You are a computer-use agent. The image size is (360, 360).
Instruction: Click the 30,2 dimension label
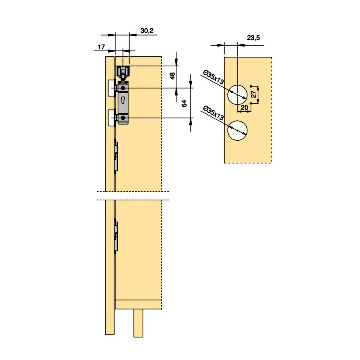coord(147,31)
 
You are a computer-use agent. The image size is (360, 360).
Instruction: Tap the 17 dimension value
coord(101,47)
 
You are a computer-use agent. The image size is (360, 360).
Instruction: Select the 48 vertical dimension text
coord(172,76)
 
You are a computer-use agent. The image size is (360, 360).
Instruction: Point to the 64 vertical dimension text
coord(184,103)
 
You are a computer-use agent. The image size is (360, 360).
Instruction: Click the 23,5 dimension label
coord(253,38)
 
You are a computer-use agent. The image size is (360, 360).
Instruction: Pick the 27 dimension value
coord(253,94)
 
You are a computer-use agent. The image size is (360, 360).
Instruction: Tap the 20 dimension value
coord(244,108)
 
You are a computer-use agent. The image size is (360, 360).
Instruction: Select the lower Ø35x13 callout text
coord(213,113)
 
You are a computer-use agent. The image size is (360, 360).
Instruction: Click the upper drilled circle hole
coord(237,95)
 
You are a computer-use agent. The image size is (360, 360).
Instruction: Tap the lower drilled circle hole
coord(237,130)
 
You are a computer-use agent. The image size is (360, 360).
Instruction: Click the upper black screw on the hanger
coord(123,88)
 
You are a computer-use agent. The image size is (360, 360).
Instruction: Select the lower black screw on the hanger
coord(123,118)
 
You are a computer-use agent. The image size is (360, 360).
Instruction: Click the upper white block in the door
coord(111,88)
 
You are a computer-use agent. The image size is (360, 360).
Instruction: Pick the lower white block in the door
coord(111,118)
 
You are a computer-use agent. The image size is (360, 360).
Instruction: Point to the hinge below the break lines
coord(116,236)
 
